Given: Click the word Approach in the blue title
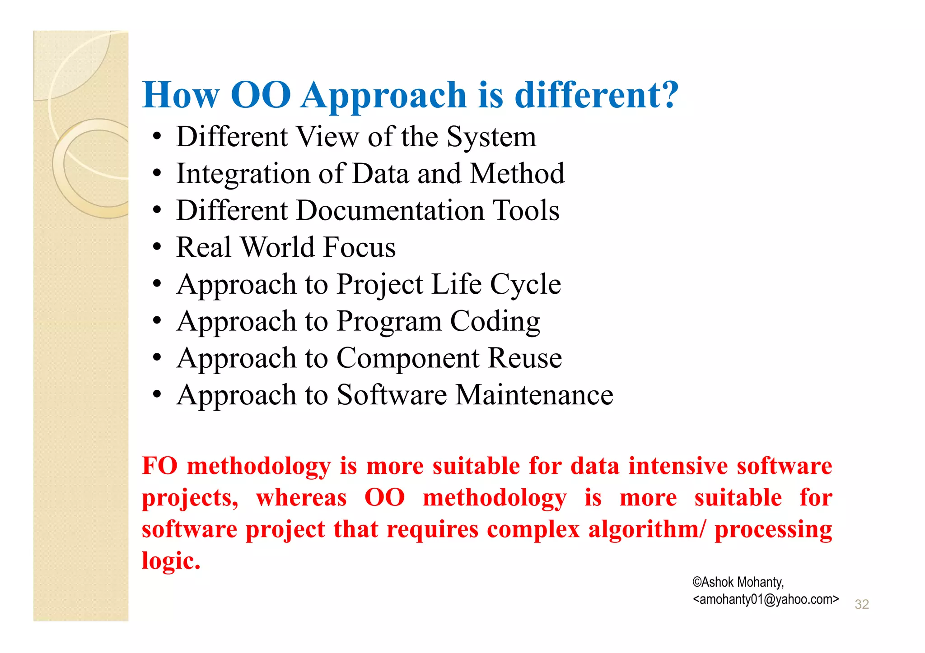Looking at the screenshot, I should pos(383,96).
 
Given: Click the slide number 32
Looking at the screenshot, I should pos(861,604).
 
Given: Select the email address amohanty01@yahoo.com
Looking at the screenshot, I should pos(766,599).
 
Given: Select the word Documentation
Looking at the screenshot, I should pos(390,210).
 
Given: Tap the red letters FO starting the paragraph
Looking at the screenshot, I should pos(159,466).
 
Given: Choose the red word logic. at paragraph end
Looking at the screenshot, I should pos(171,561).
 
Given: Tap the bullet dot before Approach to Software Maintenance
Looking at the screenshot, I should pos(157,395).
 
